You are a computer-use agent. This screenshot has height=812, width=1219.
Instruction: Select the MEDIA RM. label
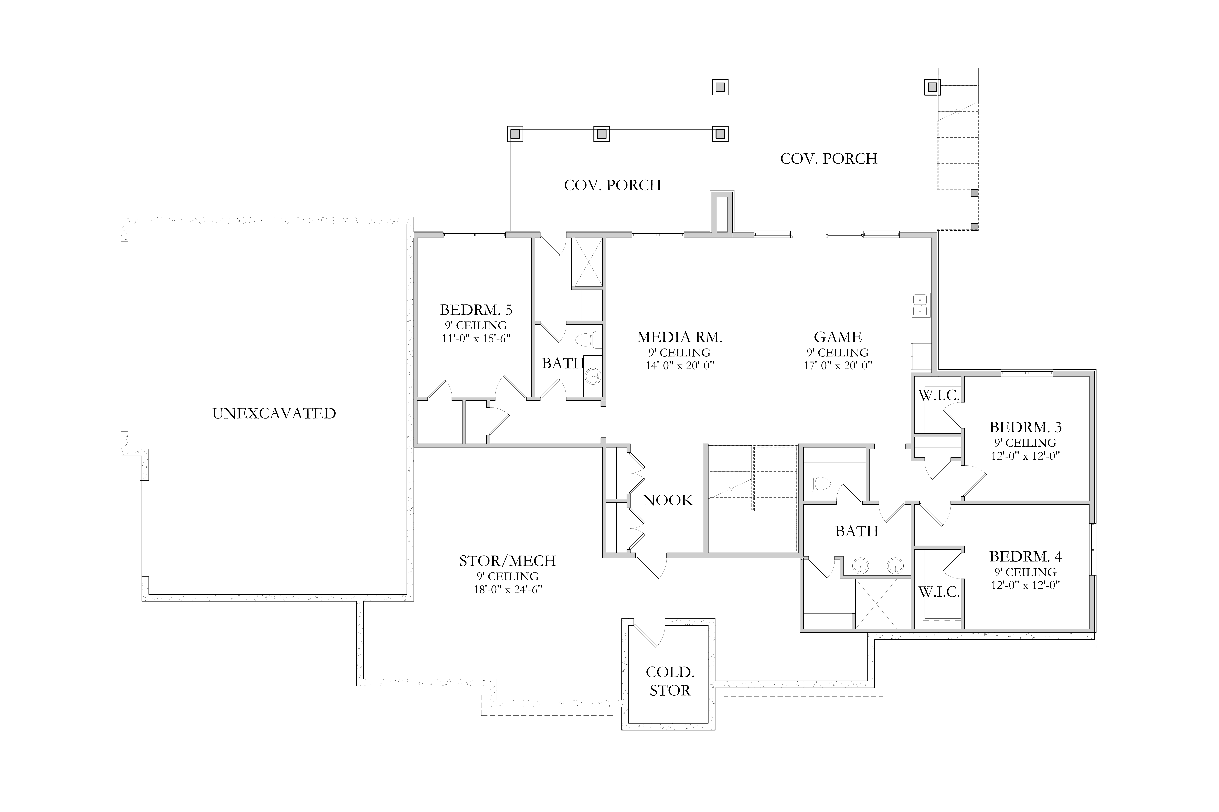click(x=679, y=337)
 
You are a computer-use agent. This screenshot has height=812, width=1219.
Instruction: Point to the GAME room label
click(x=838, y=337)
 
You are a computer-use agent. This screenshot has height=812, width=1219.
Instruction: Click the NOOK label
click(x=668, y=500)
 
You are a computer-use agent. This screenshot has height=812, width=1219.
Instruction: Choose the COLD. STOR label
click(x=670, y=681)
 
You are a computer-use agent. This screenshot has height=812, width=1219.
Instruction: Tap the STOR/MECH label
click(x=507, y=561)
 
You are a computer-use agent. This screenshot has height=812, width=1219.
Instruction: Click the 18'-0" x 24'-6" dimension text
click(x=507, y=589)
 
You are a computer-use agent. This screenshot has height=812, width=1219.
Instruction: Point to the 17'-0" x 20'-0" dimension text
click(x=838, y=366)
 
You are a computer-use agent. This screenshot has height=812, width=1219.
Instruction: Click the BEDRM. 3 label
click(x=1025, y=427)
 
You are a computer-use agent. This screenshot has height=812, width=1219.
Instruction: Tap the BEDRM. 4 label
click(x=1025, y=557)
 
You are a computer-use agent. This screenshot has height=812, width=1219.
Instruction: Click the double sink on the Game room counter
click(x=921, y=305)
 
